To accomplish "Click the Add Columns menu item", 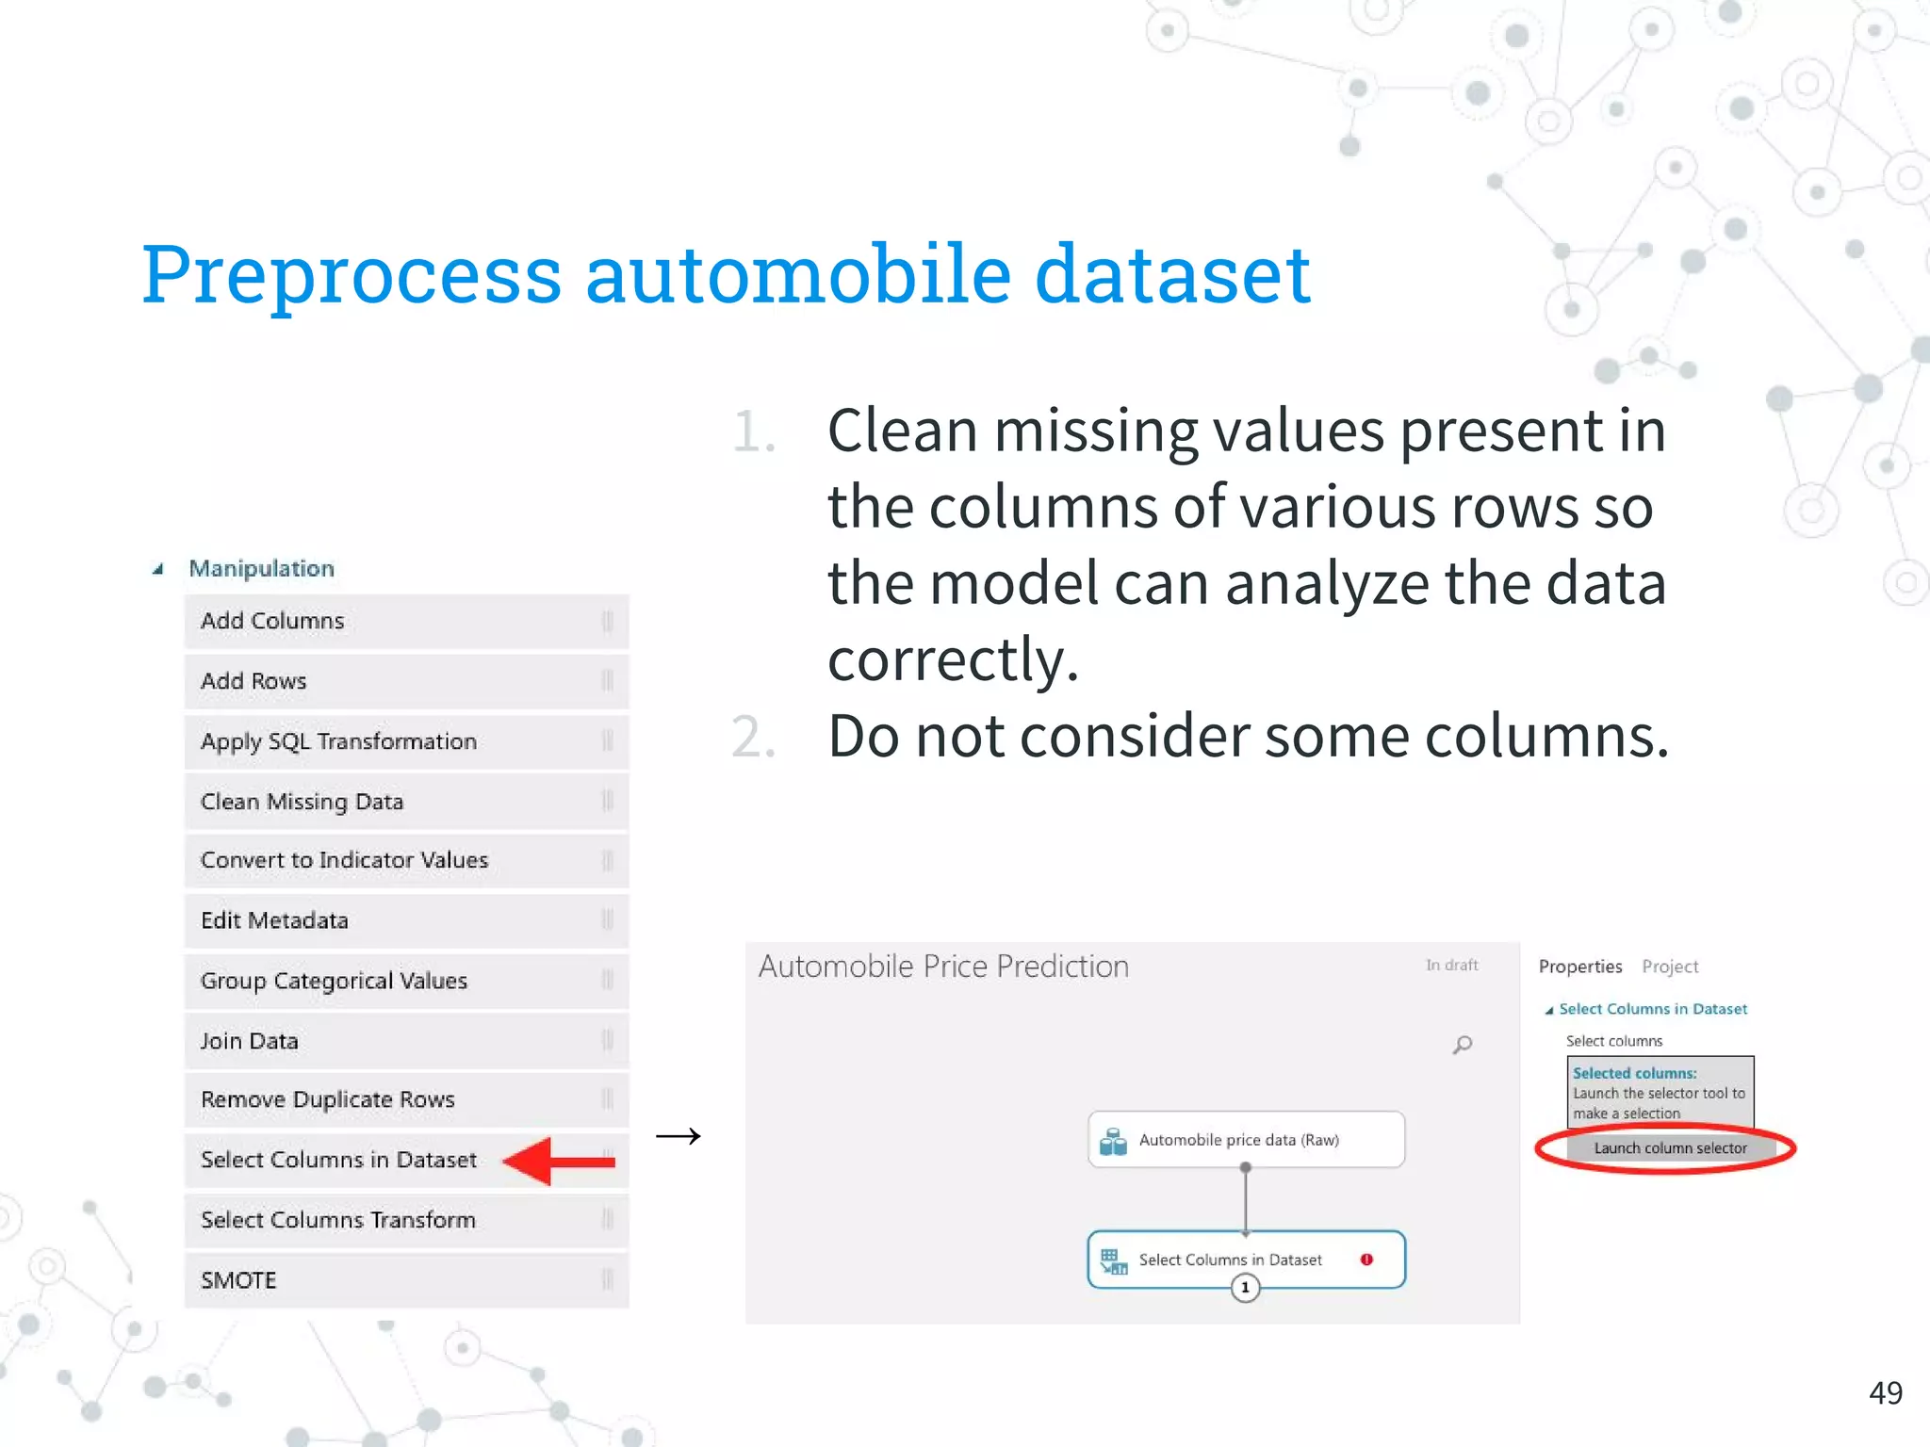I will (x=273, y=622).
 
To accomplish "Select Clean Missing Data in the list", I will (x=303, y=802).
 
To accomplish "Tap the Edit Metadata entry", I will (x=274, y=920).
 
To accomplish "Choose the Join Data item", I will (x=250, y=1041).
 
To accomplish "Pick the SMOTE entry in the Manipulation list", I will (x=238, y=1280).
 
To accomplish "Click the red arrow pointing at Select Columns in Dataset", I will (x=559, y=1162).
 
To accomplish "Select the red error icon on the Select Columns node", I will (x=1366, y=1260).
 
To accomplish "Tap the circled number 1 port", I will (x=1245, y=1288).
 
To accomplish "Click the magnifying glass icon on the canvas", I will (x=1463, y=1045).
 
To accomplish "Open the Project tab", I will (x=1670, y=967).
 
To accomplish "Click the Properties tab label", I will (x=1580, y=967).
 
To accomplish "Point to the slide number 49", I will (x=1886, y=1393).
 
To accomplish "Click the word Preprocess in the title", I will (x=352, y=274).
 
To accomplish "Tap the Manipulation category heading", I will (x=261, y=569).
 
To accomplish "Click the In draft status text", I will (x=1451, y=966).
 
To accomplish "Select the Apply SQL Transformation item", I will (x=338, y=742).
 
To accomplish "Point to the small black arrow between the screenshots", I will (x=679, y=1136).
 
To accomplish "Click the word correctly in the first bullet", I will (x=952, y=659).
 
